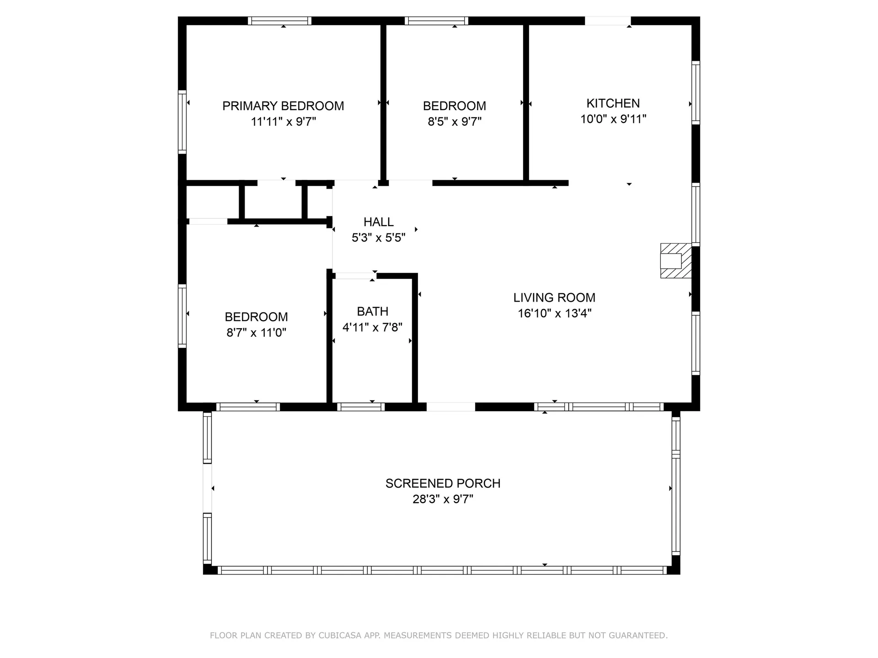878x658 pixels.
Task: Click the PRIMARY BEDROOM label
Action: (x=283, y=106)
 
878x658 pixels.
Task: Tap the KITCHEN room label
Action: (x=613, y=103)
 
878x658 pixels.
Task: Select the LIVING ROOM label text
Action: (x=554, y=297)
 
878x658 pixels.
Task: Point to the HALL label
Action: (x=379, y=222)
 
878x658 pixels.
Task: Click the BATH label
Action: (x=373, y=312)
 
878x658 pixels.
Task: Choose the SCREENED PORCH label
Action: (x=443, y=483)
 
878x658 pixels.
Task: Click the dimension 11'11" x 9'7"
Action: (x=284, y=122)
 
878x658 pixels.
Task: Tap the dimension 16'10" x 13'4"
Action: (x=555, y=313)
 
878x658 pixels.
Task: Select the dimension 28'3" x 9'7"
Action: (x=443, y=499)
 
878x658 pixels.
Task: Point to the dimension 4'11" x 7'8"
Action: (x=373, y=327)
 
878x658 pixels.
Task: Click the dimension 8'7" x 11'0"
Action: (x=257, y=332)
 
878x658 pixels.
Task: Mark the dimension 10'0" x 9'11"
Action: (x=613, y=119)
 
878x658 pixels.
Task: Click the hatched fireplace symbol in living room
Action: (x=676, y=260)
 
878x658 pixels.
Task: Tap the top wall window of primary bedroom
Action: (x=280, y=21)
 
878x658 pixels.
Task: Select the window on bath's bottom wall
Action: (x=361, y=407)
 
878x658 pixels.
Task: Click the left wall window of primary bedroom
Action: (x=182, y=122)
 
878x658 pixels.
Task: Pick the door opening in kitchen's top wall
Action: (x=608, y=21)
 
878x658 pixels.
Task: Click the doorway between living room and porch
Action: (x=451, y=407)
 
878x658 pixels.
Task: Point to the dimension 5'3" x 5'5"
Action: (x=379, y=238)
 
